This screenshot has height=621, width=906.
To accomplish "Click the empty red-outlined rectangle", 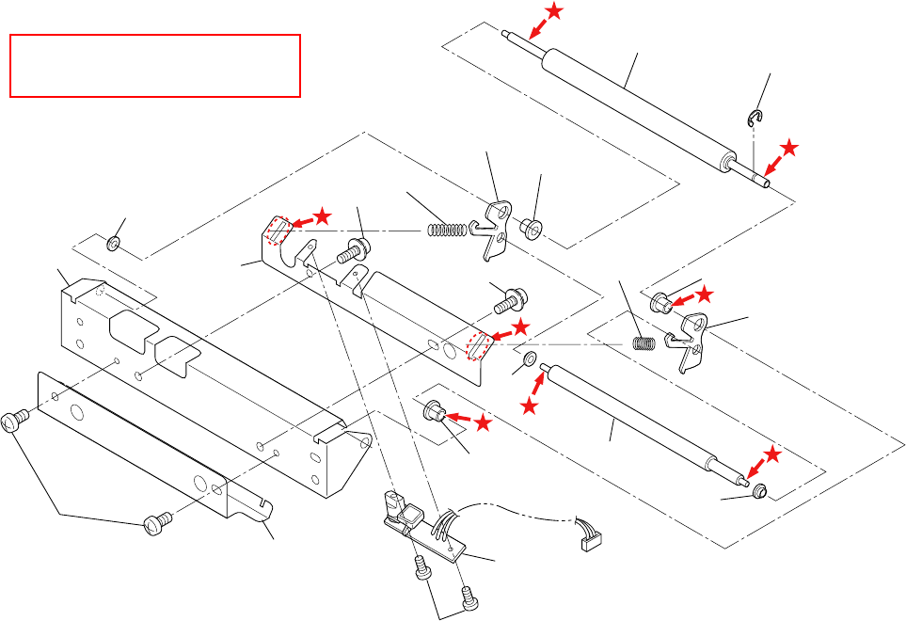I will pyautogui.click(x=154, y=66).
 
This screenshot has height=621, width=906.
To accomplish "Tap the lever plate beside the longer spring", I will pyautogui.click(x=494, y=231).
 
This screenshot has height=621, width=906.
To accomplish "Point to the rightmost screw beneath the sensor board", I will pyautogui.click(x=464, y=595).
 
